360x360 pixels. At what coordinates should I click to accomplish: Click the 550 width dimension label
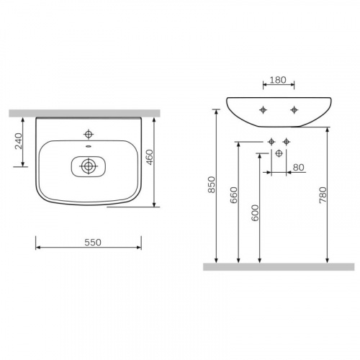(93, 243)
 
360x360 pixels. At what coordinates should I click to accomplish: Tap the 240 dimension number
(19, 141)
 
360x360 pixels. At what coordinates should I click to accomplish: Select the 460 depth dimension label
(150, 157)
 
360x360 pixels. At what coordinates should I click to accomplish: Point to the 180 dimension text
(278, 80)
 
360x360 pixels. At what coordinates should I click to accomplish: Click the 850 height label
(212, 184)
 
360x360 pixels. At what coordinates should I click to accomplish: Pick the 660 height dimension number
(234, 195)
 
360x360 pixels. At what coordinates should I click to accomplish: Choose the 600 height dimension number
(255, 212)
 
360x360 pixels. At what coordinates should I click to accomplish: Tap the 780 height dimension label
(323, 195)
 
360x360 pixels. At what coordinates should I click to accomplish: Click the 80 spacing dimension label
(299, 167)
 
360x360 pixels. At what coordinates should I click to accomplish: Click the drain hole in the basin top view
(89, 166)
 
